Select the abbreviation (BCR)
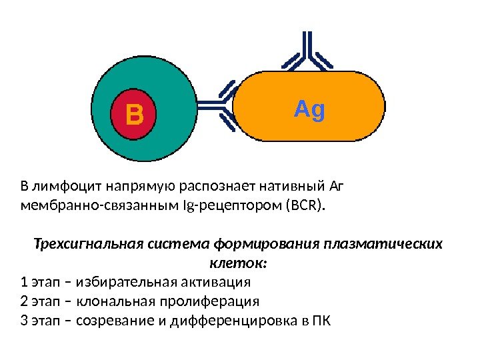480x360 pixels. pos(306,203)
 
